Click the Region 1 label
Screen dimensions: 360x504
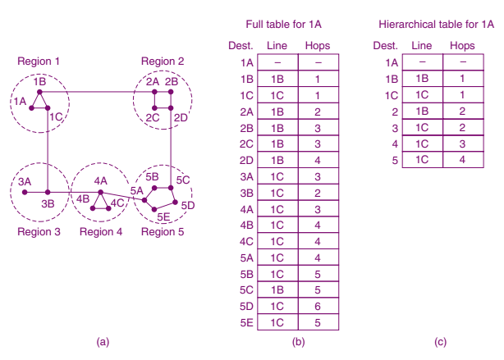point(38,61)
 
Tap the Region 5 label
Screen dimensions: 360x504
point(162,231)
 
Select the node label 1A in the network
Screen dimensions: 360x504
point(20,100)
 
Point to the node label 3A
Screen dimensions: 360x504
point(25,180)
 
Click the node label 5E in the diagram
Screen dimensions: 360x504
point(163,217)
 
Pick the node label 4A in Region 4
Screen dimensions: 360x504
point(100,180)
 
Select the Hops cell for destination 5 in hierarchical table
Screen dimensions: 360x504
point(463,160)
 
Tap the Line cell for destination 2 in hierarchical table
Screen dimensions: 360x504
point(421,111)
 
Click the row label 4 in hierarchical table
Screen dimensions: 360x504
point(394,144)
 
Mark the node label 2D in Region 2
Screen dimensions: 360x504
point(181,117)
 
